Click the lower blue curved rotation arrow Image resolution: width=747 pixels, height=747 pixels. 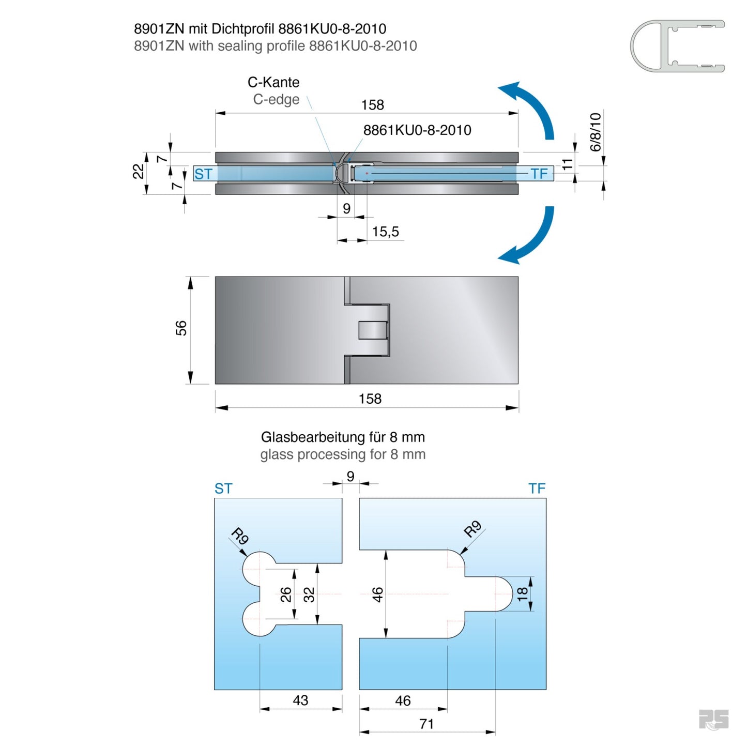coord(532,238)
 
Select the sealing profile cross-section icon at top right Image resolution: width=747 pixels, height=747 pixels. coord(677,46)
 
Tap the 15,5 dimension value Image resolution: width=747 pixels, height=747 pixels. coord(386,232)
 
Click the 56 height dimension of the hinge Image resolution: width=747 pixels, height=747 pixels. coord(181,328)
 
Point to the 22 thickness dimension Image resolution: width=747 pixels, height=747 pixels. coord(138,171)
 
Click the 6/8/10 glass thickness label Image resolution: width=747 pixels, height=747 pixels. coord(596,132)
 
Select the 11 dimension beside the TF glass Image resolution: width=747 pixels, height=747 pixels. coord(568,165)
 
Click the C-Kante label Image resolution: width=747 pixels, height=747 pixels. coord(273,82)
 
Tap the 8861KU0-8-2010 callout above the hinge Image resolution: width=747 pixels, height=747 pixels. coord(417,130)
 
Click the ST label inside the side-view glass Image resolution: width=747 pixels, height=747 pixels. coord(203,174)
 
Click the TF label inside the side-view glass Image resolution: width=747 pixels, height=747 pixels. coord(539,174)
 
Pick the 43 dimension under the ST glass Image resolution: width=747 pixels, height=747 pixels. coord(300,700)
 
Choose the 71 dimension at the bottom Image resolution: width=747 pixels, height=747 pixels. coord(426,724)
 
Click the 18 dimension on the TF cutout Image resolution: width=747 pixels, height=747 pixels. coord(523,593)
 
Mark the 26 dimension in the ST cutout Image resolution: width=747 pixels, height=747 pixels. coord(286,595)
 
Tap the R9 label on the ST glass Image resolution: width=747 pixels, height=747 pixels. coord(240,536)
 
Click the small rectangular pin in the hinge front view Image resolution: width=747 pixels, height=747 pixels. coord(373,330)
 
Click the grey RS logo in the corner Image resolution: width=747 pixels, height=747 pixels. coord(713,720)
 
